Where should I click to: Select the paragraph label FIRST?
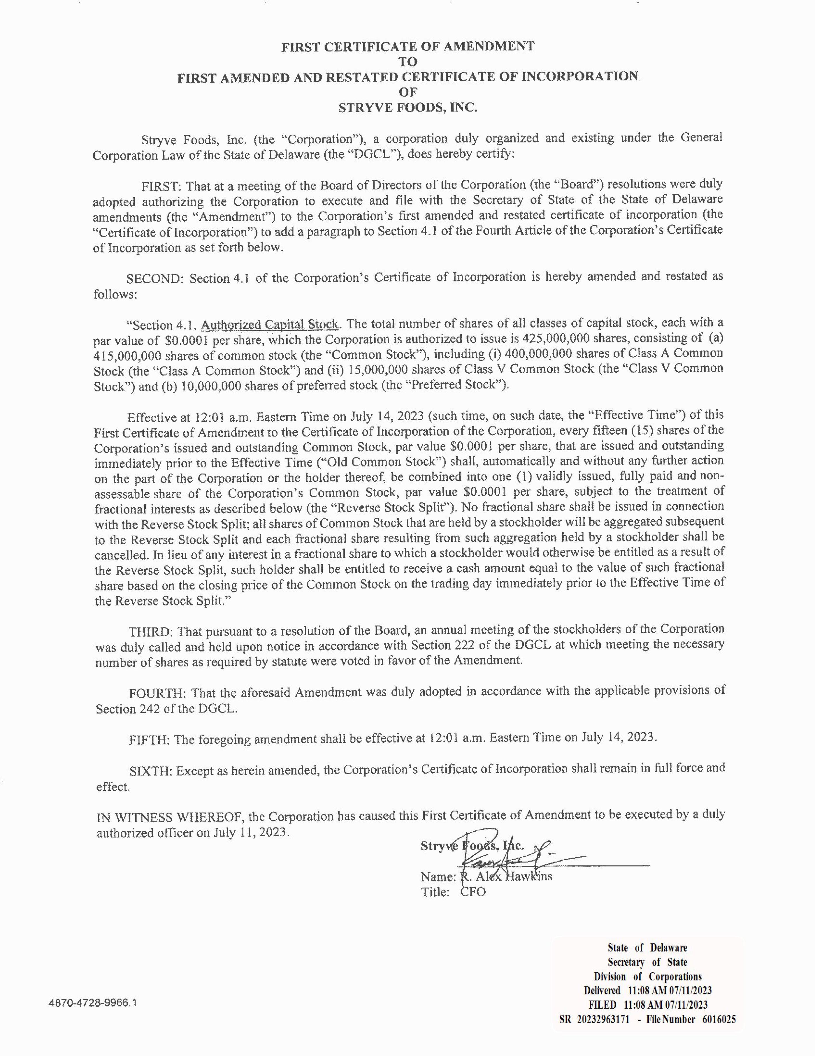pos(161,186)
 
